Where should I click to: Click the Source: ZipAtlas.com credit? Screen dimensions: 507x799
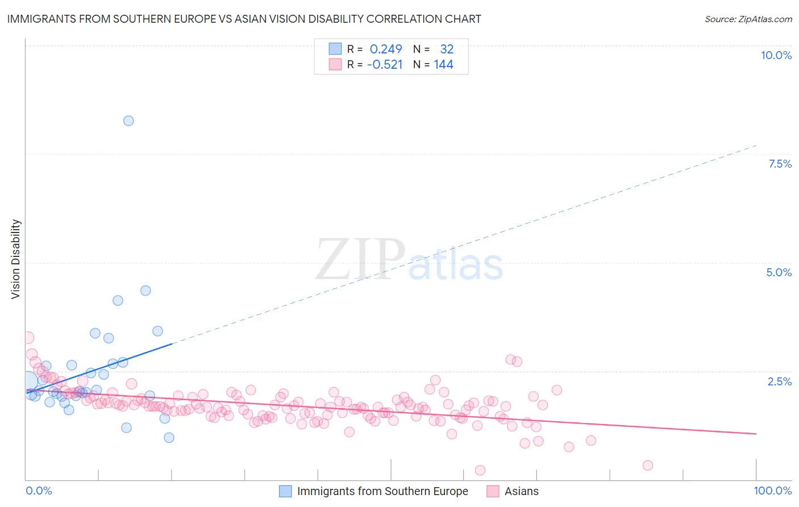click(748, 19)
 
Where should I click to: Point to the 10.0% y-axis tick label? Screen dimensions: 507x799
click(776, 55)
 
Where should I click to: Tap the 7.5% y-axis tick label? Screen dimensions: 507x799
click(780, 164)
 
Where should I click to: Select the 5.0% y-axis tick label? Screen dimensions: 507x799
click(779, 272)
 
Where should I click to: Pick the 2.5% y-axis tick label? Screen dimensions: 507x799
click(779, 381)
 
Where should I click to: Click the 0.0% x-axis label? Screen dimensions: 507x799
click(39, 491)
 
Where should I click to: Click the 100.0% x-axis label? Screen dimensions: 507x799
click(772, 491)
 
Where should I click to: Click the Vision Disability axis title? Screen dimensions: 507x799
click(16, 259)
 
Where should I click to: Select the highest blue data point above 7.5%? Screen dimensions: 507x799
click(128, 120)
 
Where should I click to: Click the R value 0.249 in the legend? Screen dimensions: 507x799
click(385, 49)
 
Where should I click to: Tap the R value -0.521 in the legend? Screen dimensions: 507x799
click(385, 65)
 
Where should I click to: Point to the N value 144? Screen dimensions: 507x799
click(443, 65)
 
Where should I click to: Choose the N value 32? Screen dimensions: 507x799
click(447, 49)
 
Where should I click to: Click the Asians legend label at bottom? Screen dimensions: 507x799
click(521, 491)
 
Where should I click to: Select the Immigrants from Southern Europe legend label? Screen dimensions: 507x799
click(382, 491)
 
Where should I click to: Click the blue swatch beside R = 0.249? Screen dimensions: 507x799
click(335, 49)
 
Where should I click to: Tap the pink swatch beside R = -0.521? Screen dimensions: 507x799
click(335, 65)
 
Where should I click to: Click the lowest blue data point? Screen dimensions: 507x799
click(169, 438)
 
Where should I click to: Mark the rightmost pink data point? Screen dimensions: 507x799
click(647, 466)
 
